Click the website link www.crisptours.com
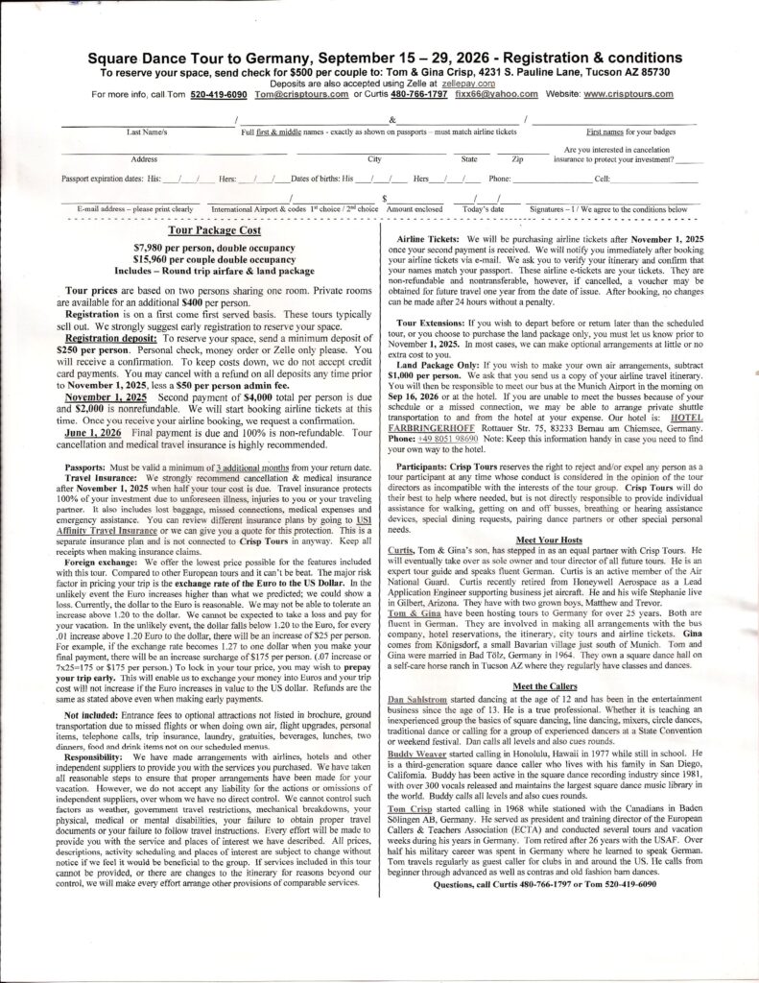631,95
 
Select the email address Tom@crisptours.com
300,95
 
